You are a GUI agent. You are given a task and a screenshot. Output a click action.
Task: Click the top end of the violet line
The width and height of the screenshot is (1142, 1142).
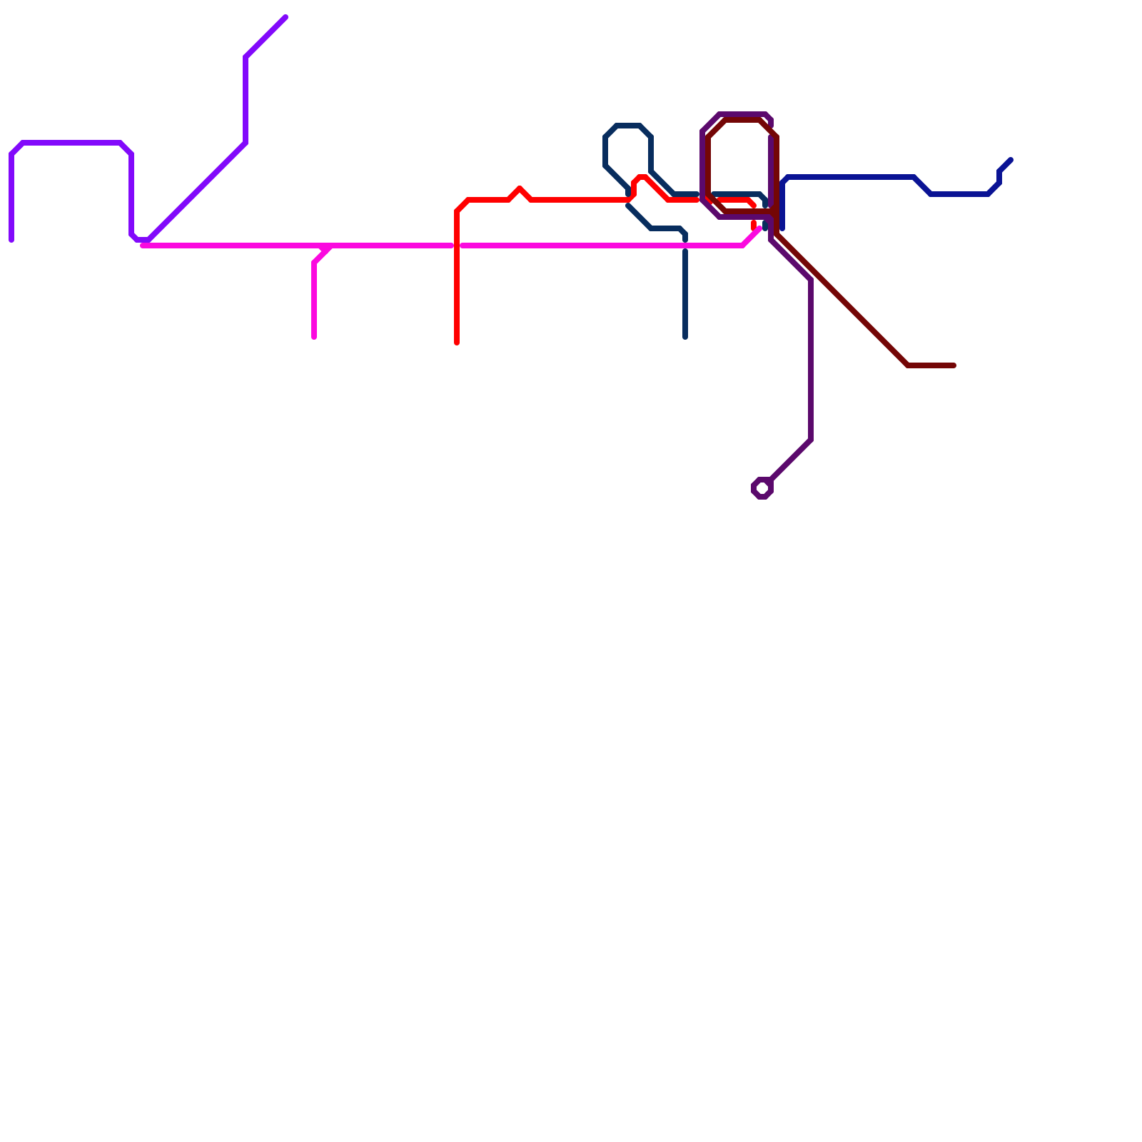pyautogui.click(x=285, y=17)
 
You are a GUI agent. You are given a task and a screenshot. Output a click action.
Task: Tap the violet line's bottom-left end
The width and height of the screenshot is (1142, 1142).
pyautogui.click(x=11, y=240)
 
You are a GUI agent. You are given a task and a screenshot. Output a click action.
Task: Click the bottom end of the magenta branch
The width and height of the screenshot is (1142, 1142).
pyautogui.click(x=314, y=337)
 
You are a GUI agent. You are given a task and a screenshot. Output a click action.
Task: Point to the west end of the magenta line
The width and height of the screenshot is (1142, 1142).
pyautogui.click(x=143, y=246)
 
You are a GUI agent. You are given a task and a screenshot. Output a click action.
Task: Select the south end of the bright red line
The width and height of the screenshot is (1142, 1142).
pyautogui.click(x=457, y=343)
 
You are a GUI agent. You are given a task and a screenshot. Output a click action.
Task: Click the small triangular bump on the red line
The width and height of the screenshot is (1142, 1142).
pyautogui.click(x=520, y=189)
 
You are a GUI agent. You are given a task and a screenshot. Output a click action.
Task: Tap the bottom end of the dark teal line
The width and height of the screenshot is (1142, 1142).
pyautogui.click(x=685, y=337)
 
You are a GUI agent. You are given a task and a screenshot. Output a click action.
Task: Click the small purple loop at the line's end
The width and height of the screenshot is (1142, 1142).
pyautogui.click(x=762, y=488)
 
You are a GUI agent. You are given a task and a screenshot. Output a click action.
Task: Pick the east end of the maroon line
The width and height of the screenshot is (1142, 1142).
pyautogui.click(x=954, y=365)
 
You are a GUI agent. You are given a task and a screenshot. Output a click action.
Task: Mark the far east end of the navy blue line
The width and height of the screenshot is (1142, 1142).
pyautogui.click(x=1011, y=160)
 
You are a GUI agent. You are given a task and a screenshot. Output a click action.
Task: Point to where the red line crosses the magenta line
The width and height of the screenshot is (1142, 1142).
pyautogui.click(x=457, y=246)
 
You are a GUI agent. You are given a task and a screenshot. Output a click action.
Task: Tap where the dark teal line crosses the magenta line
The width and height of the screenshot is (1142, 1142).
pyautogui.click(x=685, y=246)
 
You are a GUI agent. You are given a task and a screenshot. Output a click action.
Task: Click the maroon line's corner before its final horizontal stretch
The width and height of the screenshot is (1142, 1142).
pyautogui.click(x=908, y=365)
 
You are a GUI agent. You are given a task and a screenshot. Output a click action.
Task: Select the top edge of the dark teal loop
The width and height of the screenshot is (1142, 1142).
pyautogui.click(x=628, y=126)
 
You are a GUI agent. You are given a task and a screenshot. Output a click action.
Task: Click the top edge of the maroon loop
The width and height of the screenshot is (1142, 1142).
pyautogui.click(x=742, y=120)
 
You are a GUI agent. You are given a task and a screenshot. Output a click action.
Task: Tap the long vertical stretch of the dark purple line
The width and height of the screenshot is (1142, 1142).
pyautogui.click(x=811, y=357)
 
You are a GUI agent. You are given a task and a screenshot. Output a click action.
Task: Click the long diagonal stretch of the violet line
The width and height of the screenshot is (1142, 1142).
pyautogui.click(x=197, y=191)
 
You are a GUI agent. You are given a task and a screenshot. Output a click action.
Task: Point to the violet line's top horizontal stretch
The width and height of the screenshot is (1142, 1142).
pyautogui.click(x=71, y=143)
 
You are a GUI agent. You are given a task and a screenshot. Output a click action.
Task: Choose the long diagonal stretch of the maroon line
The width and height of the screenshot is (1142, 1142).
pyautogui.click(x=842, y=300)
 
